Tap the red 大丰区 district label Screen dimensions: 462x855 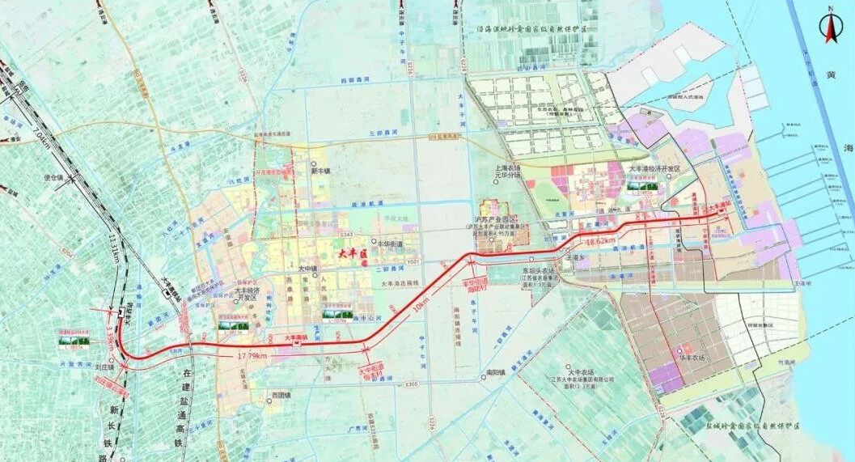(352, 254)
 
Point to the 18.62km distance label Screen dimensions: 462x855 (599, 241)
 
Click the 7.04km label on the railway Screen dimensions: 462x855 (41, 138)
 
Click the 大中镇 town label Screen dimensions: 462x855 (307, 269)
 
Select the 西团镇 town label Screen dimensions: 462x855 (281, 396)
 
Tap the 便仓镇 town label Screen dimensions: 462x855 (55, 177)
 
